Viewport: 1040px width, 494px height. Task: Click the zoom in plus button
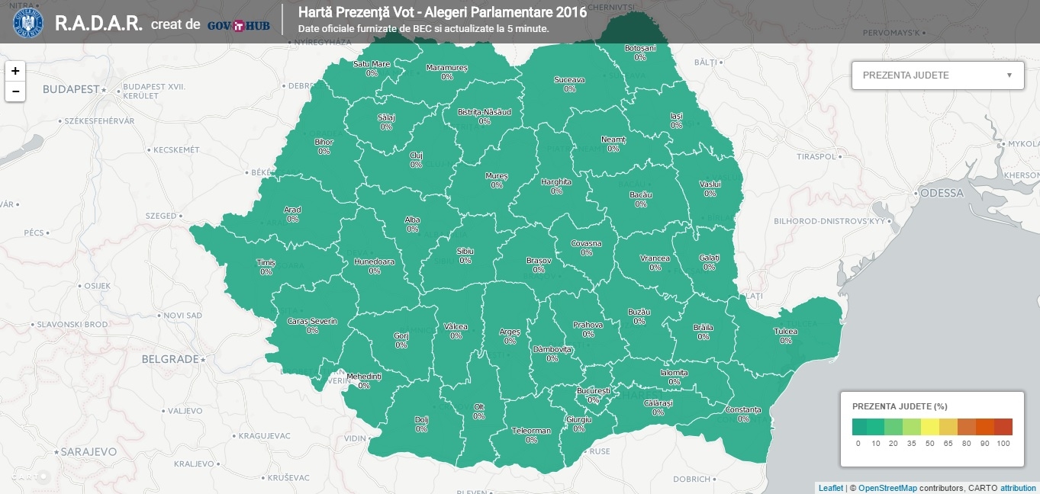tap(15, 71)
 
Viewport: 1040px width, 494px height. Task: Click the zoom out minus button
tap(15, 91)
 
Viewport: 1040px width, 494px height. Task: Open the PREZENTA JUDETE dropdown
tap(937, 75)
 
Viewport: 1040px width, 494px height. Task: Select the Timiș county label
tap(266, 267)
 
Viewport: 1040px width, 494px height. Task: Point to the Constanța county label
tap(743, 414)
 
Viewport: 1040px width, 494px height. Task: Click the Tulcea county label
tap(786, 336)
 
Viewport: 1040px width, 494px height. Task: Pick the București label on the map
tap(594, 395)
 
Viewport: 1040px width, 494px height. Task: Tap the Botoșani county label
tap(639, 53)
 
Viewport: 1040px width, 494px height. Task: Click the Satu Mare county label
tap(372, 69)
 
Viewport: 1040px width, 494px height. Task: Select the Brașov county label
tap(539, 265)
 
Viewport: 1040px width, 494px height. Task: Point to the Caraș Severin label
tap(312, 326)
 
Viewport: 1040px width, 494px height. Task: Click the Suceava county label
tap(569, 84)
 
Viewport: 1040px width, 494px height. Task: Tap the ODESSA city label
tap(942, 193)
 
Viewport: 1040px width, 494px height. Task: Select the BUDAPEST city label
tap(71, 89)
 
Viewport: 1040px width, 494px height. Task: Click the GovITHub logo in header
tap(239, 24)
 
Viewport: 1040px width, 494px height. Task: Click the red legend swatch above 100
tap(1003, 426)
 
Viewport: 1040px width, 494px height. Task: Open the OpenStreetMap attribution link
tap(887, 488)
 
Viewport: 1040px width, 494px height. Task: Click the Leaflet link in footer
tap(830, 488)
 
